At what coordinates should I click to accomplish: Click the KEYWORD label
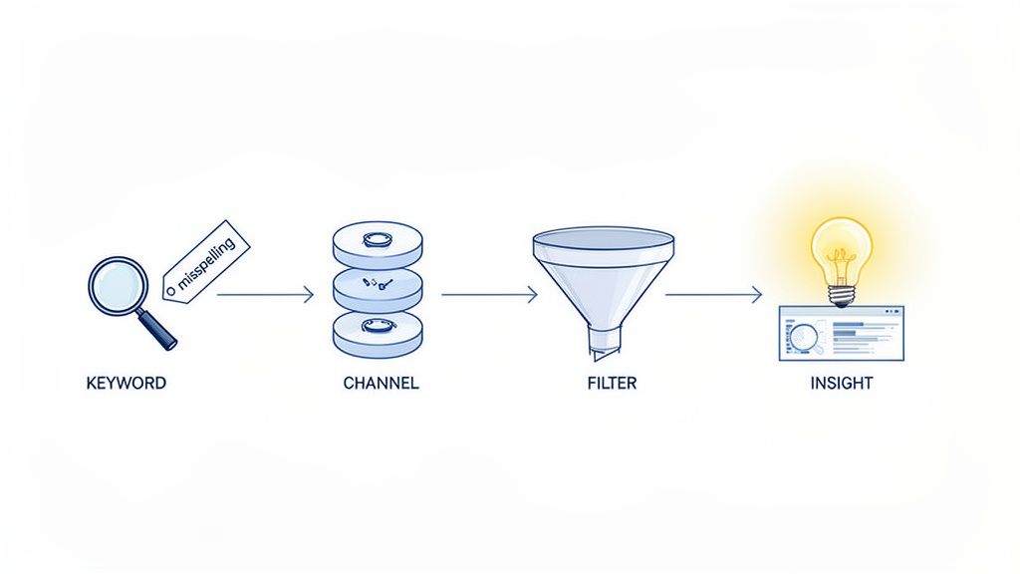coord(126,383)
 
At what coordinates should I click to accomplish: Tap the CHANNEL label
coord(381,383)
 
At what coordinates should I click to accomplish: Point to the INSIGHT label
coord(842,383)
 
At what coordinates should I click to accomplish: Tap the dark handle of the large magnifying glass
coord(158,330)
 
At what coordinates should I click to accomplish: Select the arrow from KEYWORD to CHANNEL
coord(264,295)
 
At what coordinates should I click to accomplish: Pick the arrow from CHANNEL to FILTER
coord(489,295)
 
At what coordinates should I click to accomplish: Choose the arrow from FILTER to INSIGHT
coord(713,295)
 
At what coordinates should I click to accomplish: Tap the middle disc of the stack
coord(377,287)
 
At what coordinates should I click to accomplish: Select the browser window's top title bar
coord(842,312)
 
